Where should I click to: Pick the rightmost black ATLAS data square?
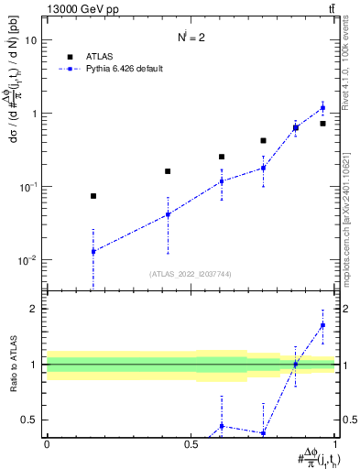pyautogui.click(x=322, y=123)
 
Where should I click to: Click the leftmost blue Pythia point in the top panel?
pyautogui.click(x=93, y=251)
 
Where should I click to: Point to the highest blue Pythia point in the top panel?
pyautogui.click(x=322, y=108)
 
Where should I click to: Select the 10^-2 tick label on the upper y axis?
pyautogui.click(x=28, y=260)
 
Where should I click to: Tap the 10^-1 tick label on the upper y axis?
pyautogui.click(x=28, y=187)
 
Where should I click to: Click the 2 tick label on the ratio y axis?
pyautogui.click(x=34, y=309)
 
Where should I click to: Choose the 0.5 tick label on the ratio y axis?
pyautogui.click(x=29, y=420)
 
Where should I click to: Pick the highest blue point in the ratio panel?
pyautogui.click(x=322, y=325)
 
